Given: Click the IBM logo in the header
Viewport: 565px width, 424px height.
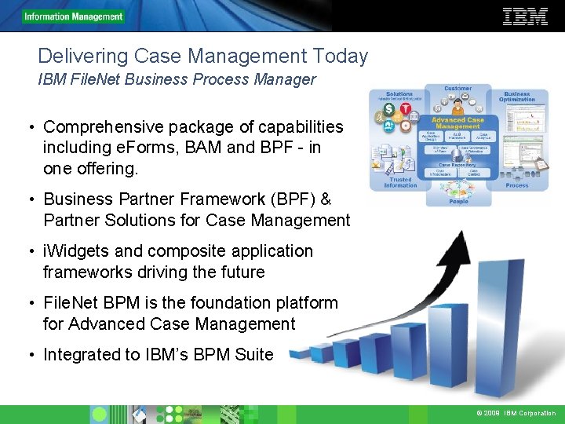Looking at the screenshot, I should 525,16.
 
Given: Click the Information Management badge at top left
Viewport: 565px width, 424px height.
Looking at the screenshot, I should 73,16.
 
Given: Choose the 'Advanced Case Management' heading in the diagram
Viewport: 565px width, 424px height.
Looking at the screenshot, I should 457,122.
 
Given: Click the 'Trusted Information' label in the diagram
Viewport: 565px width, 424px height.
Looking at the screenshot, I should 399,182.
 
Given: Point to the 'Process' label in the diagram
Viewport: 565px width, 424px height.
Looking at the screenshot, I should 517,185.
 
